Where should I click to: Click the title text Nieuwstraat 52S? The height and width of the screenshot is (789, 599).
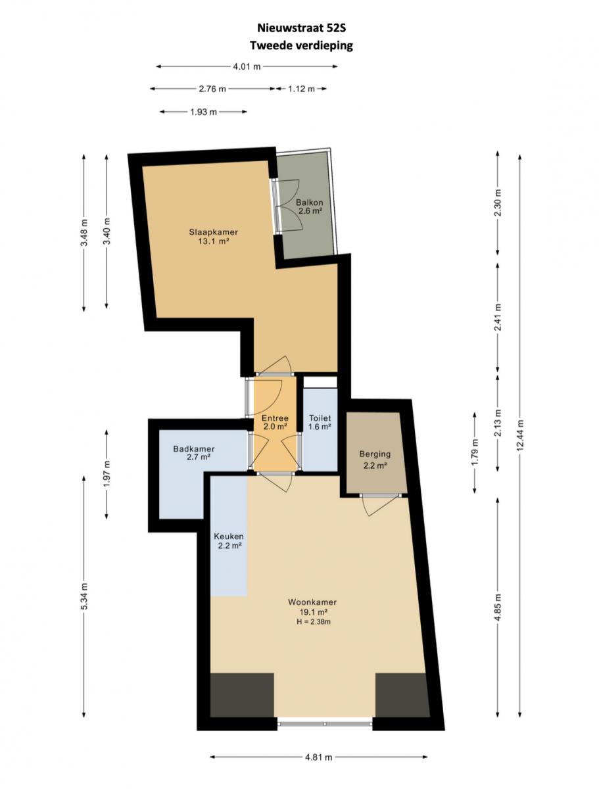click(301, 28)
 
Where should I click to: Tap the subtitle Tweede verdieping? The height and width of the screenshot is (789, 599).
click(301, 45)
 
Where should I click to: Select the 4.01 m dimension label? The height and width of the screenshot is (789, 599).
click(247, 66)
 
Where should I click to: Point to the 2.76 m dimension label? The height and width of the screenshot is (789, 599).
click(212, 89)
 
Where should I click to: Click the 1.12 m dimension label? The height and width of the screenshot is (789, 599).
click(301, 89)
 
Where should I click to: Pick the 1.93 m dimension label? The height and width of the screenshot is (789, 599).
click(203, 112)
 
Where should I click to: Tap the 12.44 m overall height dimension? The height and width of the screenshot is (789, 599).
click(521, 434)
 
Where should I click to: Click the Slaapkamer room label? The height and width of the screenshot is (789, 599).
click(214, 232)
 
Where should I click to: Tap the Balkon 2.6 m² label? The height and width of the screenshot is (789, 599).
click(310, 206)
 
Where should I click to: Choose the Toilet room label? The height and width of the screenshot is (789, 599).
click(320, 418)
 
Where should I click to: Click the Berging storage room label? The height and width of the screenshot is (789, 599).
click(375, 454)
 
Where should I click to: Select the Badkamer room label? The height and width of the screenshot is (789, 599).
click(194, 449)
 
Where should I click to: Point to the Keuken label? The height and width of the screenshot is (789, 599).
click(229, 537)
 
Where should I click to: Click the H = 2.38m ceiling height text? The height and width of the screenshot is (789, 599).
click(314, 621)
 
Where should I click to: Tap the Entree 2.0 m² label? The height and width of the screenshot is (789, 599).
click(275, 422)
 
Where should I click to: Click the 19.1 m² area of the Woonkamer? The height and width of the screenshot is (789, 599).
click(314, 611)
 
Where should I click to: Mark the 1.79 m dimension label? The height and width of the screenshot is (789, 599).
click(475, 452)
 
